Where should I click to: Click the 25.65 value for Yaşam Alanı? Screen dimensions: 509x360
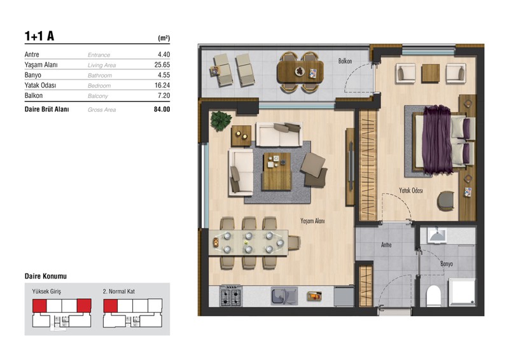click(162, 65)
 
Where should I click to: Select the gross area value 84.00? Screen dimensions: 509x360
click(162, 109)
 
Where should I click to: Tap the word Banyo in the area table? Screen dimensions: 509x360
click(33, 75)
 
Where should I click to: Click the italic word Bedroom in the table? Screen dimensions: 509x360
click(99, 86)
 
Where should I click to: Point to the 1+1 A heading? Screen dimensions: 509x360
click(39, 36)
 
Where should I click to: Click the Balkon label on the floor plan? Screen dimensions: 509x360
click(345, 61)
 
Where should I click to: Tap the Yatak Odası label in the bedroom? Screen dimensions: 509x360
click(411, 191)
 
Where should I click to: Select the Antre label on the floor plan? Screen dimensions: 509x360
click(386, 245)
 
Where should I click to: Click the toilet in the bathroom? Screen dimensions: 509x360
click(433, 296)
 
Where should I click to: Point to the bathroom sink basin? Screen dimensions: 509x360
click(437, 235)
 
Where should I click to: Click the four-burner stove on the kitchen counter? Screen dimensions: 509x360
click(231, 296)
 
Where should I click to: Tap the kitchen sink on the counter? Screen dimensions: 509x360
click(284, 296)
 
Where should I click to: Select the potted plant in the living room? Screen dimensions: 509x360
click(221, 121)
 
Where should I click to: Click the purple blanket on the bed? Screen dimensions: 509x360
click(437, 139)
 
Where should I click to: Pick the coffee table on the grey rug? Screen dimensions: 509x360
click(277, 171)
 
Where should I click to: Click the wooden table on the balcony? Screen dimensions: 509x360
click(300, 72)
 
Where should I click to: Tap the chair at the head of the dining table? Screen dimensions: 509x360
click(294, 243)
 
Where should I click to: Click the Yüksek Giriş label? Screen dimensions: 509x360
click(46, 291)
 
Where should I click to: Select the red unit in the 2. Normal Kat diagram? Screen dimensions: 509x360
click(110, 306)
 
